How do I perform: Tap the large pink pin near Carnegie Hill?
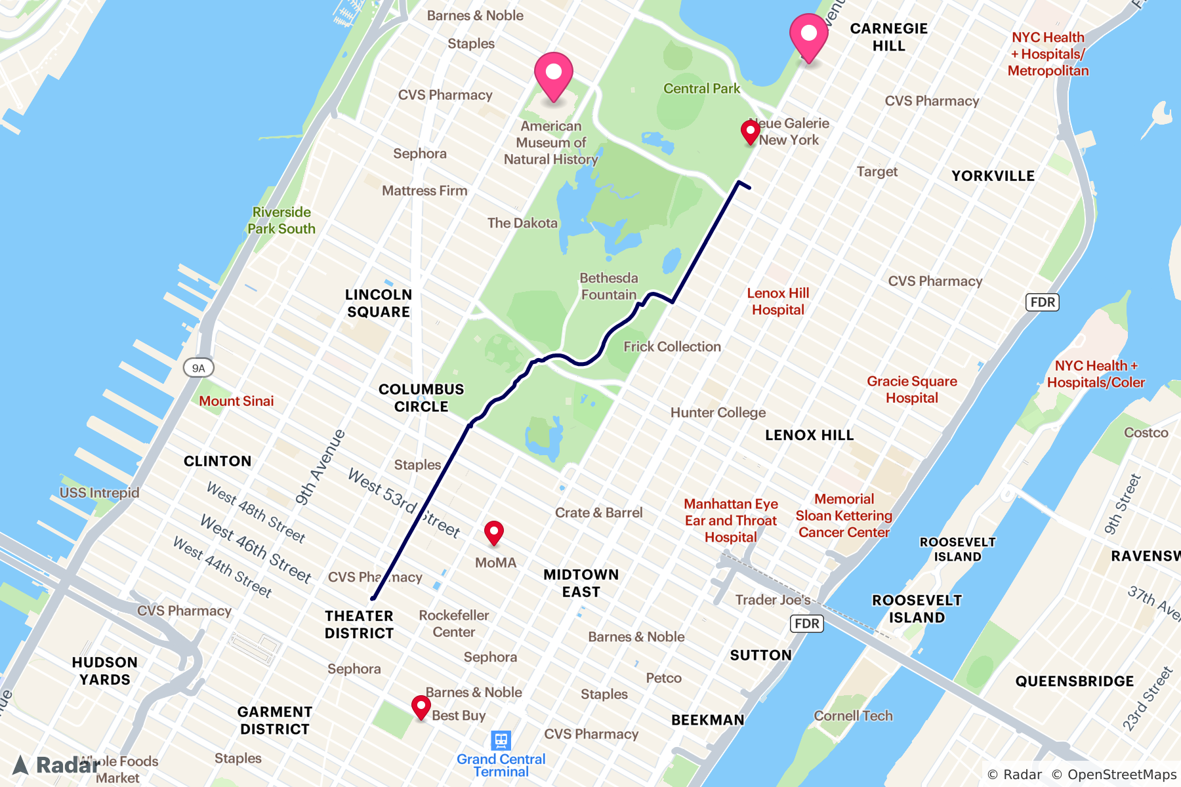808,35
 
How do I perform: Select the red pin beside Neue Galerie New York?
750,131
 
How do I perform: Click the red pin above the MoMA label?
493,532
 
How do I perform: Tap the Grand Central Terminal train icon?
501,740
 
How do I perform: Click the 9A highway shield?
198,368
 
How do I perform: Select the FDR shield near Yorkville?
1042,302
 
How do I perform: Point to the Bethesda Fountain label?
608,287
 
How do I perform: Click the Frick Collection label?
672,346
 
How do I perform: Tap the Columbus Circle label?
421,397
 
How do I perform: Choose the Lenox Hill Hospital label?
777,301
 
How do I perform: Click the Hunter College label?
718,413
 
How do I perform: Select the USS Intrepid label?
99,493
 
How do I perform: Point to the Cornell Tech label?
853,716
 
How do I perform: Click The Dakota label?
522,223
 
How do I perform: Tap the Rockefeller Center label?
454,624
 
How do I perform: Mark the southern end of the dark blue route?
373,598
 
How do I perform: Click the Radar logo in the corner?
56,765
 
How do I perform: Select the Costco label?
1146,432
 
